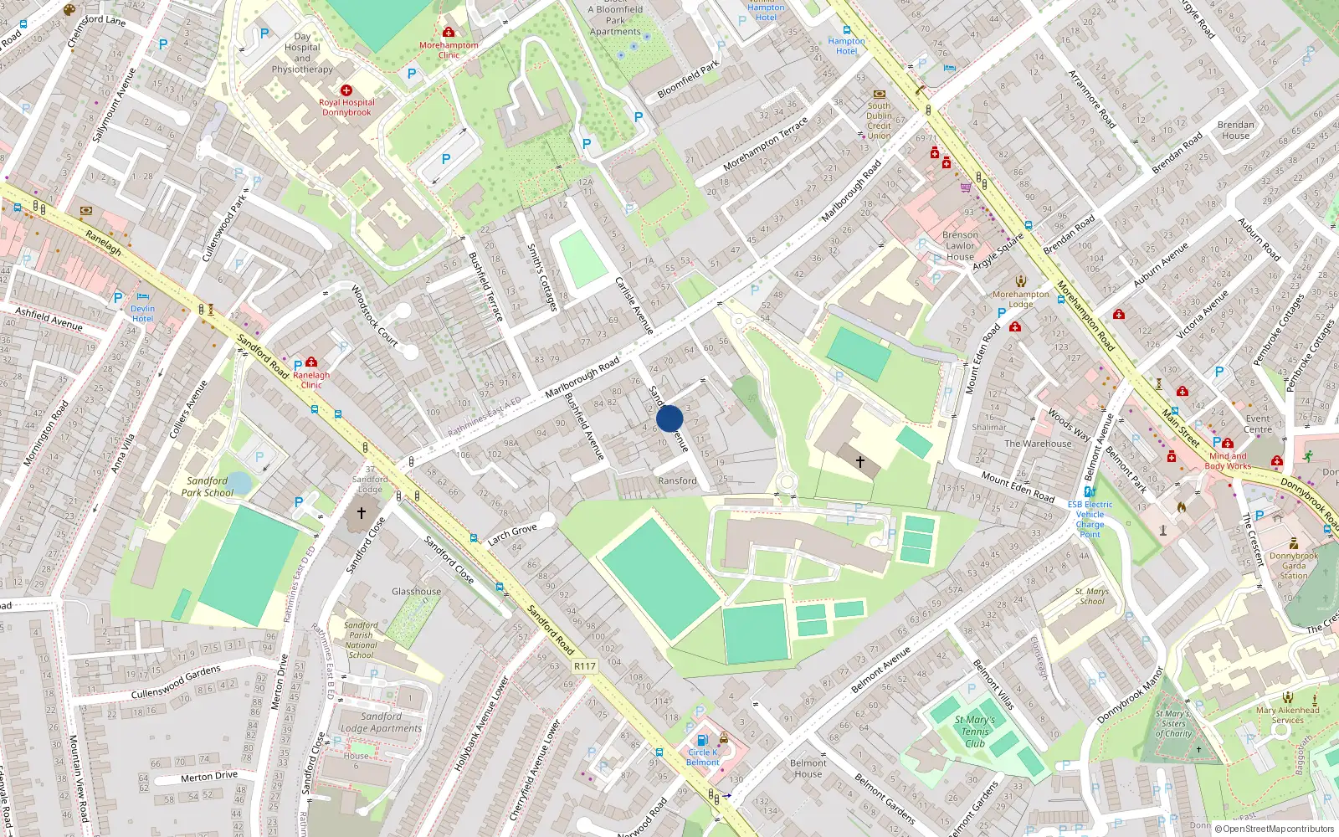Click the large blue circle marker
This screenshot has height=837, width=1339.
pyautogui.click(x=669, y=418)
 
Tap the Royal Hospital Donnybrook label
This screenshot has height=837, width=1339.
pyautogui.click(x=346, y=107)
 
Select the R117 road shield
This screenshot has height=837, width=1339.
pyautogui.click(x=585, y=666)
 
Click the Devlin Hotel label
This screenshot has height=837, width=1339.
pyautogui.click(x=143, y=313)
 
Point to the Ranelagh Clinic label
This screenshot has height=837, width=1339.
pyautogui.click(x=311, y=380)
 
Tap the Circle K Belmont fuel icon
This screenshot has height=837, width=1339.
pyautogui.click(x=702, y=740)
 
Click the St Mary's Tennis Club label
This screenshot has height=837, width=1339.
pyautogui.click(x=975, y=731)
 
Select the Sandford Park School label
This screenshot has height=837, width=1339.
pyautogui.click(x=207, y=486)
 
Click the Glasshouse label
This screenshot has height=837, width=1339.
pyautogui.click(x=416, y=591)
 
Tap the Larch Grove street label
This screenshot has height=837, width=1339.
pyautogui.click(x=512, y=533)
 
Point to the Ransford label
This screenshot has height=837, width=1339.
pyautogui.click(x=677, y=480)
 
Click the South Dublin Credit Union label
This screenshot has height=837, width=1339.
pyautogui.click(x=879, y=121)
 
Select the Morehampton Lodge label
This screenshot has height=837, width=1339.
pyautogui.click(x=1020, y=299)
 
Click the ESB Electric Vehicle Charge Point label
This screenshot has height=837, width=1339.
pyautogui.click(x=1090, y=519)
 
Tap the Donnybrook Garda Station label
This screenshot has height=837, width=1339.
pyautogui.click(x=1293, y=566)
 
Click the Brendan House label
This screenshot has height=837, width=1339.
pyautogui.click(x=1235, y=130)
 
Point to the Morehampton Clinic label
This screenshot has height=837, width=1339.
pyautogui.click(x=449, y=50)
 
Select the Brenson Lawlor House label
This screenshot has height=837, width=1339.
pyautogui.click(x=960, y=246)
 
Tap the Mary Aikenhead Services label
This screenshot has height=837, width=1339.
pyautogui.click(x=1287, y=715)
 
